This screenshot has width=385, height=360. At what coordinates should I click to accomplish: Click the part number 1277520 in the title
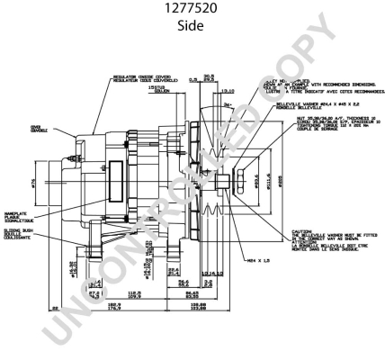(x=192, y=11)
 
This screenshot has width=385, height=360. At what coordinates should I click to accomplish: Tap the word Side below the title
(x=192, y=27)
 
